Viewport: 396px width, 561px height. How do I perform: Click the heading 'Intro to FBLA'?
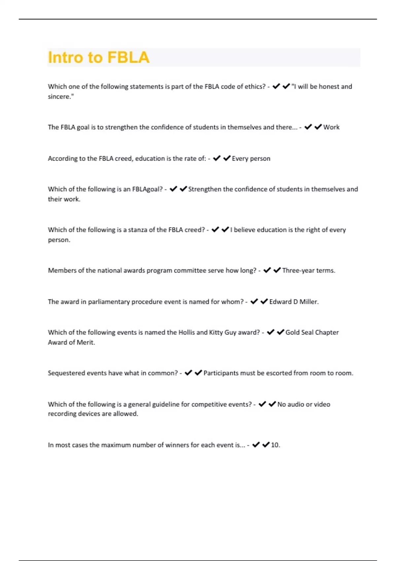click(99, 57)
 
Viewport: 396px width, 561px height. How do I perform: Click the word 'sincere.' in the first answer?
click(61, 97)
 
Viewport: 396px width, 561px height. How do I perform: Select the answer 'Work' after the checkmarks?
click(331, 127)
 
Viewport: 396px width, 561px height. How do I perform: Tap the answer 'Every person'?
click(251, 158)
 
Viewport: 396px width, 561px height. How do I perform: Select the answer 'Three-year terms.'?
click(309, 270)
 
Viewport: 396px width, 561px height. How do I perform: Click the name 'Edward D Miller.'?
click(294, 302)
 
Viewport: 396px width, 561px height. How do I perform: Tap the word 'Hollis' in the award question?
click(186, 332)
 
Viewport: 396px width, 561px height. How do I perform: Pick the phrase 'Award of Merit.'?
click(71, 342)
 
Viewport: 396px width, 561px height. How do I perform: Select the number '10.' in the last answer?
click(275, 445)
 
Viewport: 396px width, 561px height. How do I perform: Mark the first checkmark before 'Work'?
click(308, 127)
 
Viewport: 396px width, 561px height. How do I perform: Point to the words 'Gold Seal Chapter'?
click(312, 332)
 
